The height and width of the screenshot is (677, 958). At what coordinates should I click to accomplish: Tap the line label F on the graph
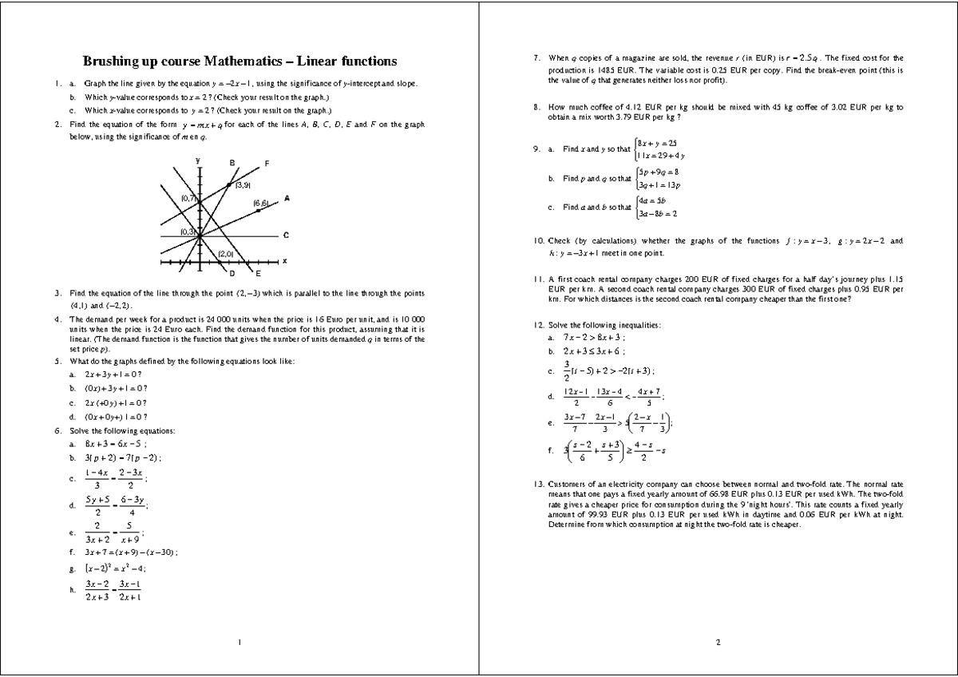[x=267, y=164]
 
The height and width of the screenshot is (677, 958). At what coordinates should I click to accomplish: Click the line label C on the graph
[x=286, y=235]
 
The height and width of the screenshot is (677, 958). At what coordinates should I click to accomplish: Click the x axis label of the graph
[x=285, y=261]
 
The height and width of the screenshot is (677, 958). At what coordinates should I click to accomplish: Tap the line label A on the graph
[x=286, y=198]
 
